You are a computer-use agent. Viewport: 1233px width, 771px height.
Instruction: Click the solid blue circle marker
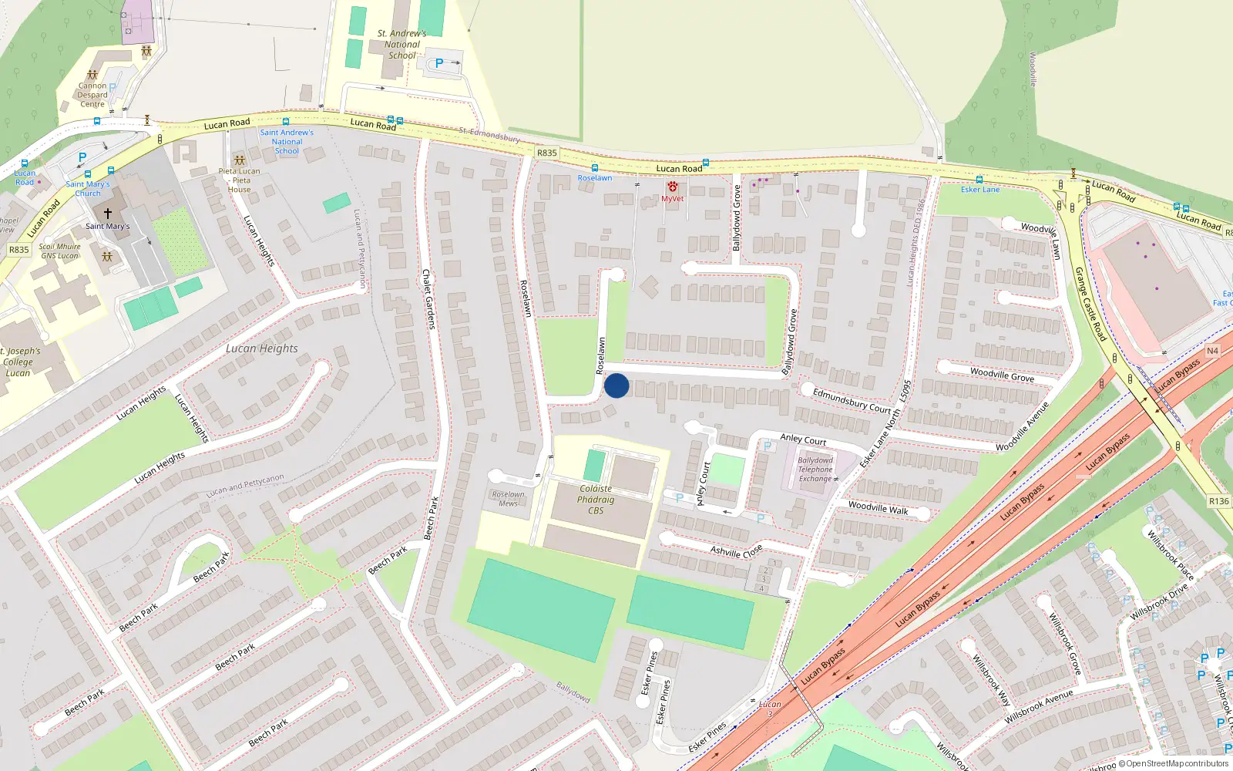(x=616, y=385)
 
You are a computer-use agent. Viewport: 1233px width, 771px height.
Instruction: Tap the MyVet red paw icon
(x=673, y=187)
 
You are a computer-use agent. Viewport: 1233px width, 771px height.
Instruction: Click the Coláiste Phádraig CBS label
(x=596, y=500)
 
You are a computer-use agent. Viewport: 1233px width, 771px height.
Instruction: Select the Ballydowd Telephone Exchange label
(x=815, y=470)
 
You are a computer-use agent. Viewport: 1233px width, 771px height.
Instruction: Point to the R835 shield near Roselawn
(x=546, y=153)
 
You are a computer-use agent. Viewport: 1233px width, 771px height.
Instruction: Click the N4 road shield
(x=1212, y=351)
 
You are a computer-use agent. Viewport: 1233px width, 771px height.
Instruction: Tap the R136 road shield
(x=1219, y=501)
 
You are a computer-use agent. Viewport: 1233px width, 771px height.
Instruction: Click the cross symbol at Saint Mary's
(x=108, y=213)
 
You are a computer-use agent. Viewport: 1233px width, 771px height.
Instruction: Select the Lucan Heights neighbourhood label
(x=261, y=348)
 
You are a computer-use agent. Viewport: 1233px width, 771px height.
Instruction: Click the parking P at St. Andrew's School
(x=439, y=63)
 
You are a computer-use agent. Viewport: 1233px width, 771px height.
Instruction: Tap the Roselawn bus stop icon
(x=594, y=167)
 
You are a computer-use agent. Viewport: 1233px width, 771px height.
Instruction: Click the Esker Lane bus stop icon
(x=979, y=179)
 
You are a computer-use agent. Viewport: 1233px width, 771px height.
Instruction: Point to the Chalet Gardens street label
(x=428, y=298)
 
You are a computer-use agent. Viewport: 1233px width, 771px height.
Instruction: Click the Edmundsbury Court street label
(x=851, y=401)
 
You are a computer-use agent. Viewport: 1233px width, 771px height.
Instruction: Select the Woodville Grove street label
(x=1002, y=375)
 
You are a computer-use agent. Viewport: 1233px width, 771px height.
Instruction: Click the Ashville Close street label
(x=736, y=550)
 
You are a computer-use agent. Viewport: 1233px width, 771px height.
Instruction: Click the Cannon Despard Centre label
(x=92, y=95)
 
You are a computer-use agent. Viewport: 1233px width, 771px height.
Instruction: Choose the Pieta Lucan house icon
(x=240, y=160)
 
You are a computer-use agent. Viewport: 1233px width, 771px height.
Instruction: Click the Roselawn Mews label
(x=508, y=499)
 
